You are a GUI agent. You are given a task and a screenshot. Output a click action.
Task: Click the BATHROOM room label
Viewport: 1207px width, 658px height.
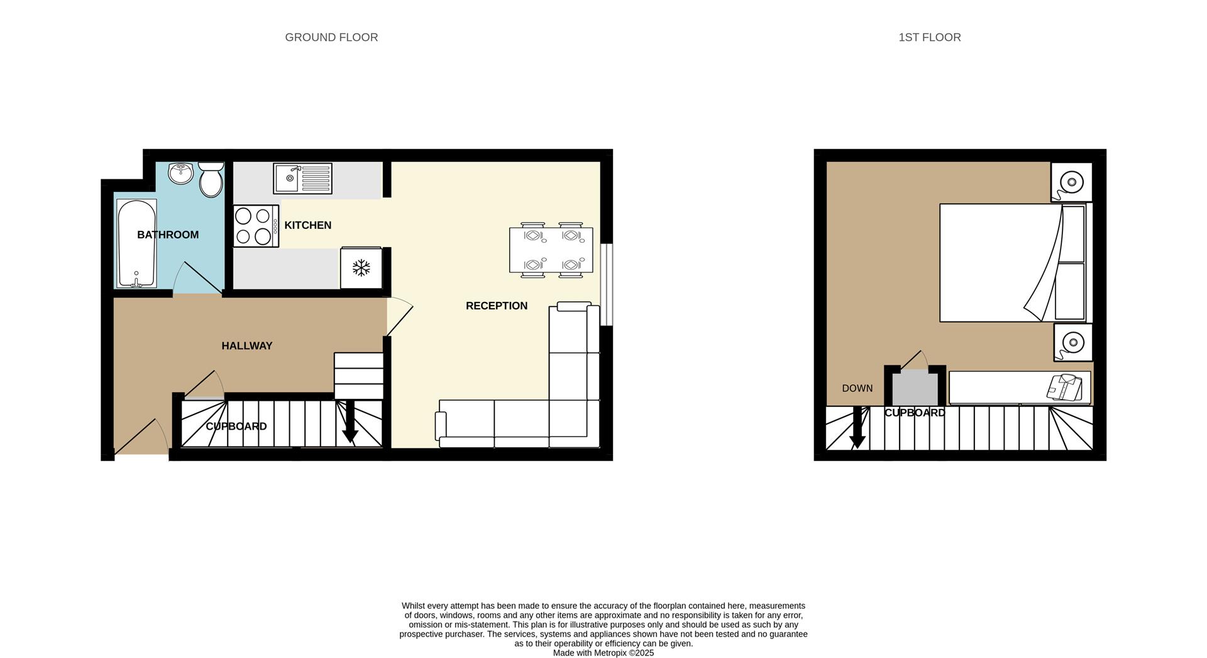click(x=168, y=235)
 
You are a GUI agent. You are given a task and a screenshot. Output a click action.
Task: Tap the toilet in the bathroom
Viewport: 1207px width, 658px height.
click(x=211, y=180)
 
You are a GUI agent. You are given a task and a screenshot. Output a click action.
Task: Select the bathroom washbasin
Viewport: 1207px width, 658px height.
click(x=182, y=173)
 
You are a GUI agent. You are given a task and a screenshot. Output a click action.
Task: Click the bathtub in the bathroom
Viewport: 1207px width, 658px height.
click(x=136, y=243)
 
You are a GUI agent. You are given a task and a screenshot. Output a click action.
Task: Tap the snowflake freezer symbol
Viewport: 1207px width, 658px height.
click(x=361, y=269)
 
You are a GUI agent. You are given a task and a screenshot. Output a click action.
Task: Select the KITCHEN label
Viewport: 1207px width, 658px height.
click(x=307, y=225)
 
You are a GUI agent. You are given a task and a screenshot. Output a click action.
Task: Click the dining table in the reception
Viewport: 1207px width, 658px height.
click(x=551, y=250)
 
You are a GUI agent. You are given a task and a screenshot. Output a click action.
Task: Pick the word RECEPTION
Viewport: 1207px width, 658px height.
click(x=496, y=306)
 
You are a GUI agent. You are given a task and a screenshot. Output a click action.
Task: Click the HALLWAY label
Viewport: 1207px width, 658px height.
click(x=246, y=346)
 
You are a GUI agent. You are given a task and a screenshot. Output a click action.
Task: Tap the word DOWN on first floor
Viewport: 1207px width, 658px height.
click(x=857, y=388)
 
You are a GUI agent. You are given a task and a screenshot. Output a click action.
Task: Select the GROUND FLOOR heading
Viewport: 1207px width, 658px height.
click(x=331, y=37)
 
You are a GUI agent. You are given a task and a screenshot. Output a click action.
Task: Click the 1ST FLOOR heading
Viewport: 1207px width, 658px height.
click(x=929, y=37)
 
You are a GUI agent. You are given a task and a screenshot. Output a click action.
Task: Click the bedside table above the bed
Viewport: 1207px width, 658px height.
click(x=1071, y=182)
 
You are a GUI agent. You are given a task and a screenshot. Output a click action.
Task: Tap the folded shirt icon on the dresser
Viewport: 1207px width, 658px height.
click(x=1064, y=387)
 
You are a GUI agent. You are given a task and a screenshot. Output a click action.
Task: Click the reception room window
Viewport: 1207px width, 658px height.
click(x=606, y=284)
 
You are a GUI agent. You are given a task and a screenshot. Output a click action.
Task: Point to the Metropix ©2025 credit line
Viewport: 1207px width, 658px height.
click(x=603, y=653)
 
